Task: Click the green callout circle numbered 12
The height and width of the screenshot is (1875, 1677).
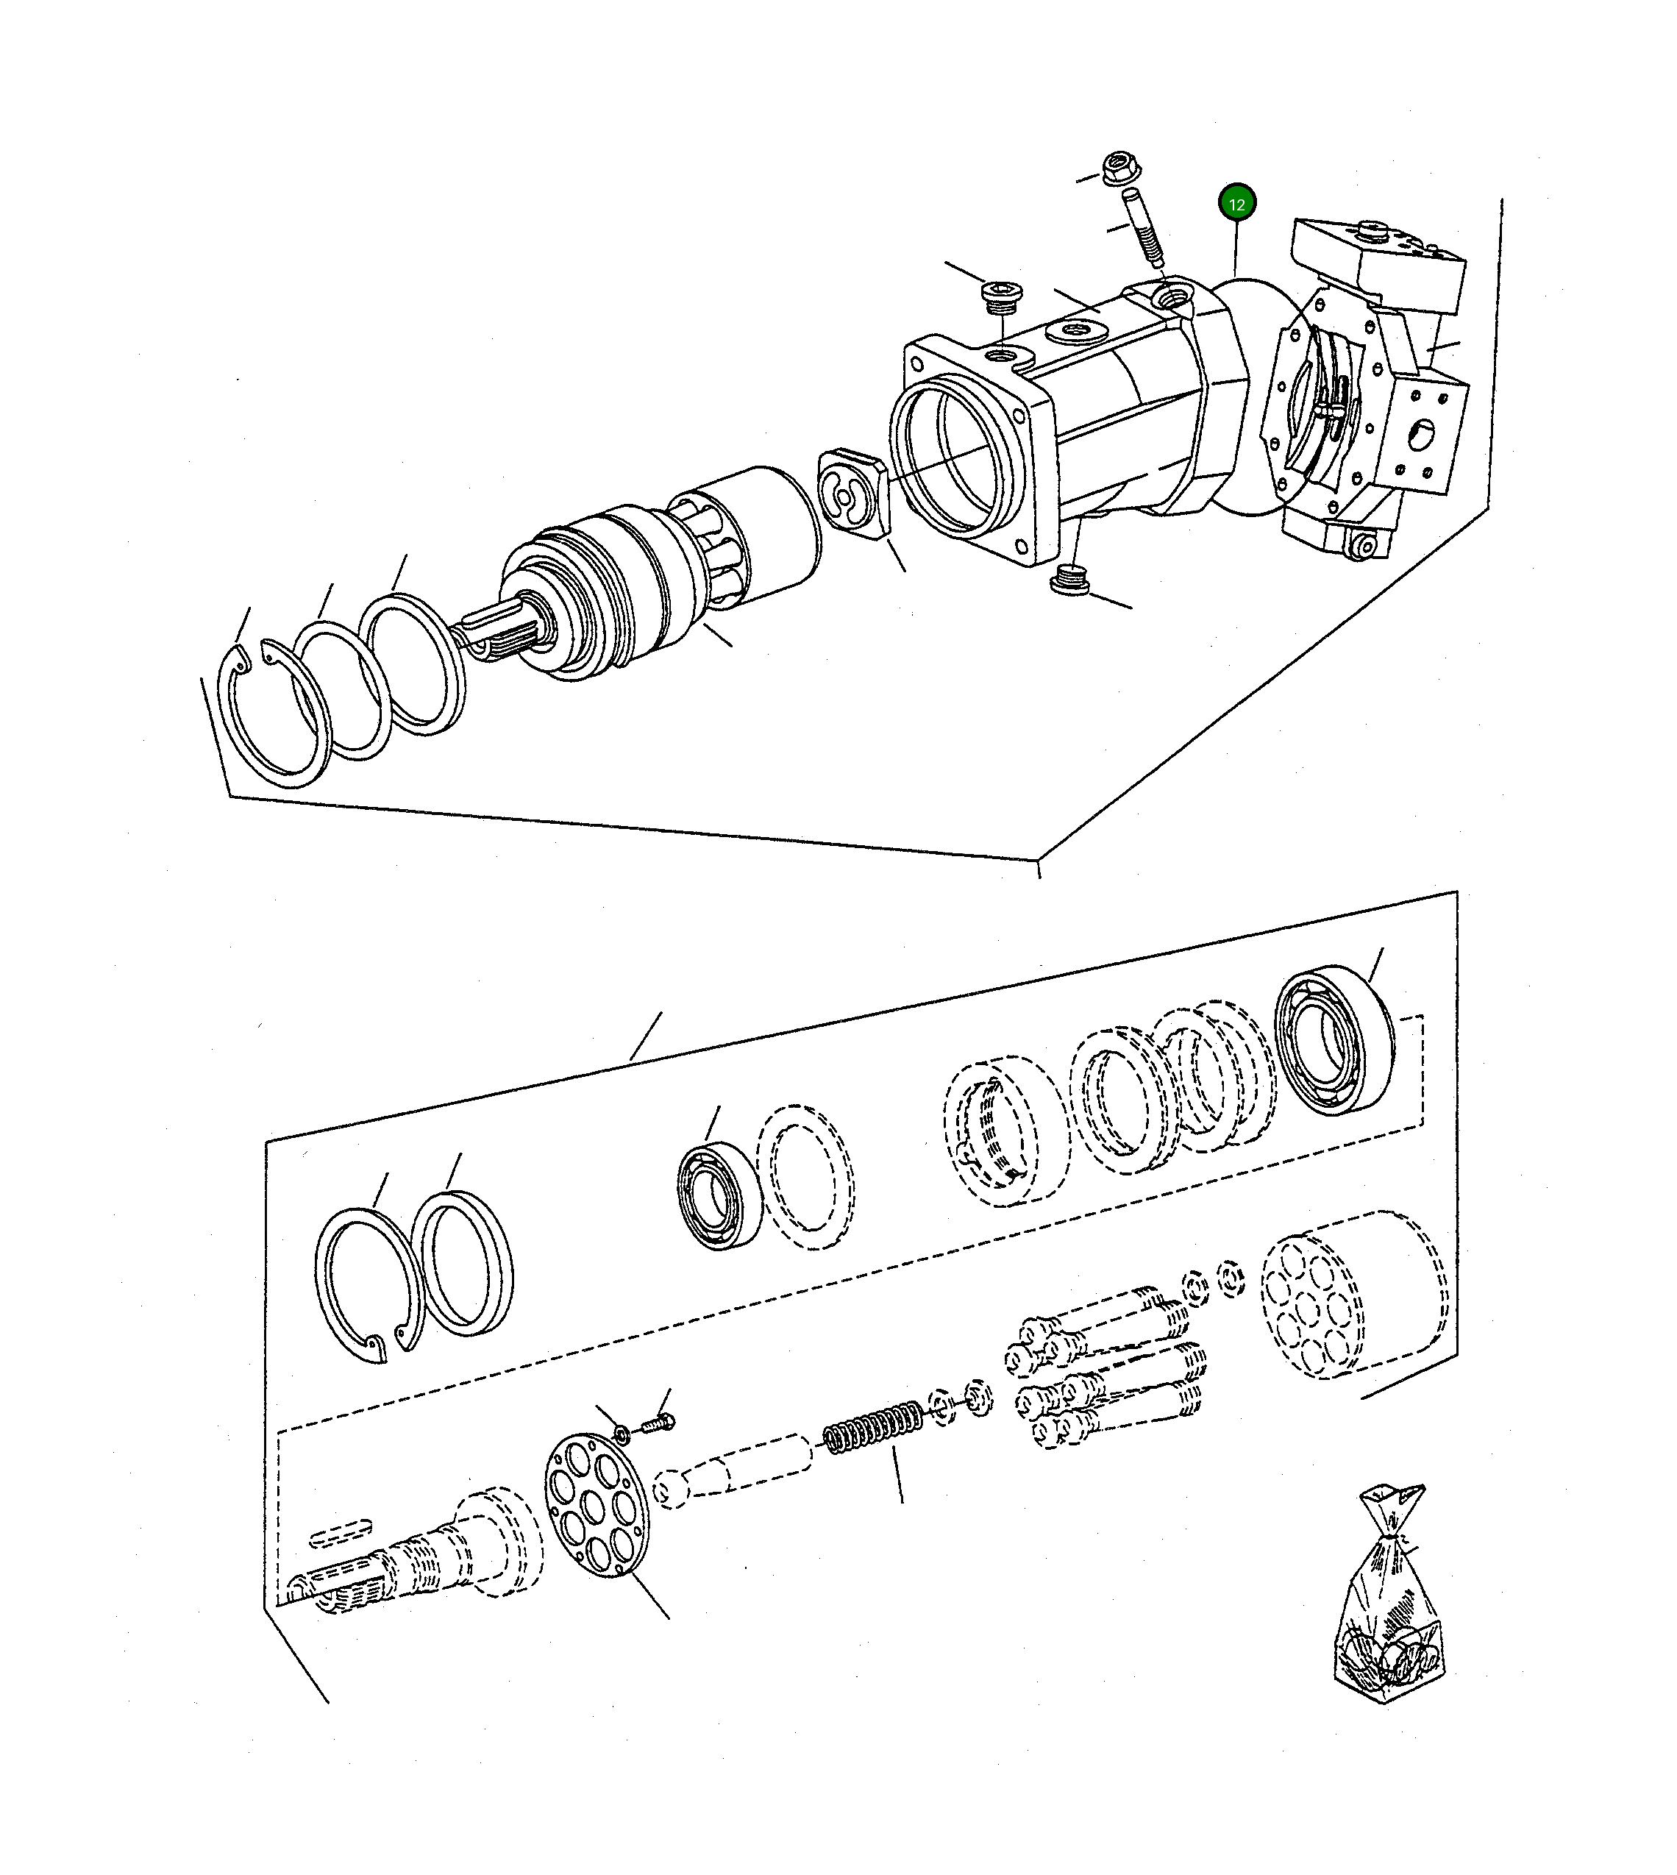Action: point(1236,204)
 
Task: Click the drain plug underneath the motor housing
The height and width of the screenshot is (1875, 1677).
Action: point(1069,581)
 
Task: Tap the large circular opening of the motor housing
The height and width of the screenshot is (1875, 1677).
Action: point(949,456)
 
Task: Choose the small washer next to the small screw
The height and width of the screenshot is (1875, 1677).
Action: point(622,1433)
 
